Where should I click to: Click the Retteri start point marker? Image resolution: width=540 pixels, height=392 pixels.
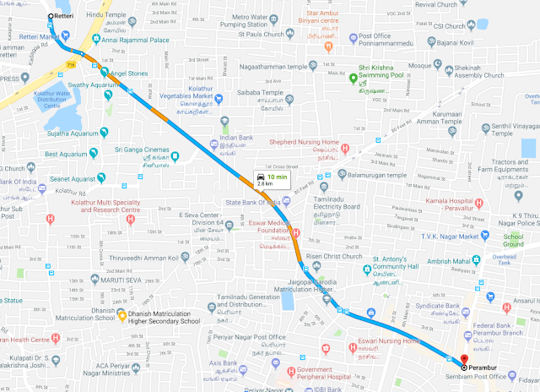coord(51,15)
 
